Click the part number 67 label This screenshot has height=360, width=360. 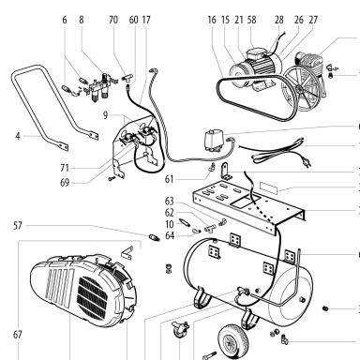pyautogui.click(x=18, y=335)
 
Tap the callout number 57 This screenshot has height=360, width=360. pyautogui.click(x=18, y=226)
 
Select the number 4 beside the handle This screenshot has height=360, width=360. pyautogui.click(x=18, y=136)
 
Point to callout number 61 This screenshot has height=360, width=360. pyautogui.click(x=169, y=179)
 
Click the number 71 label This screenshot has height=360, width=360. pyautogui.click(x=65, y=168)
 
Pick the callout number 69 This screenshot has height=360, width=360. pyautogui.click(x=65, y=183)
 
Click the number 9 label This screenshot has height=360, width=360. pyautogui.click(x=105, y=115)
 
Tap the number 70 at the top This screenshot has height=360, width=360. pyautogui.click(x=113, y=20)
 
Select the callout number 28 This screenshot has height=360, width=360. pyautogui.click(x=279, y=20)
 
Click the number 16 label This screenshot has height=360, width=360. pyautogui.click(x=212, y=20)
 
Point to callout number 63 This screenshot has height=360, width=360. pyautogui.click(x=169, y=202)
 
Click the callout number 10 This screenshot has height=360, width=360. pyautogui.click(x=169, y=224)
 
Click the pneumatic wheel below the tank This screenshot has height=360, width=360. pyautogui.click(x=233, y=338)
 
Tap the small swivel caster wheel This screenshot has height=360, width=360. pyautogui.click(x=180, y=330)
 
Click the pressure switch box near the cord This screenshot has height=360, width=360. pyautogui.click(x=214, y=142)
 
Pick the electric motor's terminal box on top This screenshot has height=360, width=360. pyautogui.click(x=256, y=53)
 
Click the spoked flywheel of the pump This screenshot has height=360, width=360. pyautogui.click(x=301, y=88)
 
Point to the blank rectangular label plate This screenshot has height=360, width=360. pyautogui.click(x=269, y=187)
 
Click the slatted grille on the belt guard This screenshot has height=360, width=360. pyautogui.click(x=94, y=297)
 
